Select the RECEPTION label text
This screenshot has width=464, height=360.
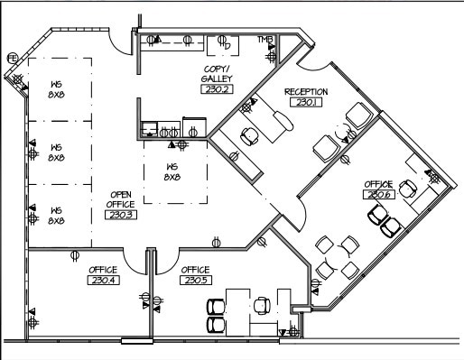click(x=305, y=92)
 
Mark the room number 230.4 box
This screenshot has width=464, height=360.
click(x=103, y=281)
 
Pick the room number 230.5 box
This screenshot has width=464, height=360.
click(x=195, y=281)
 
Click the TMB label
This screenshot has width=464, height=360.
click(x=265, y=41)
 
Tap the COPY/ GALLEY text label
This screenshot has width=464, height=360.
click(x=217, y=74)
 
